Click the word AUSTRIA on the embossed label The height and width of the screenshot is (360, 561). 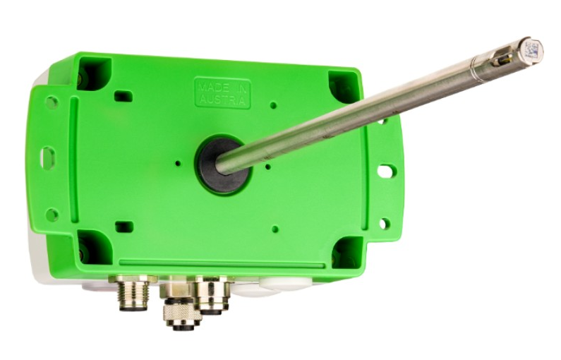(222, 99)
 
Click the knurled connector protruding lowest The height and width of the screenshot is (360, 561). (181, 313)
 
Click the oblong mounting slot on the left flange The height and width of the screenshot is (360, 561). (47, 157)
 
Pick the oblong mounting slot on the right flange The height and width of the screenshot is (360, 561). (387, 171)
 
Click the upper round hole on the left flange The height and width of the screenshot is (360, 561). (52, 102)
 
